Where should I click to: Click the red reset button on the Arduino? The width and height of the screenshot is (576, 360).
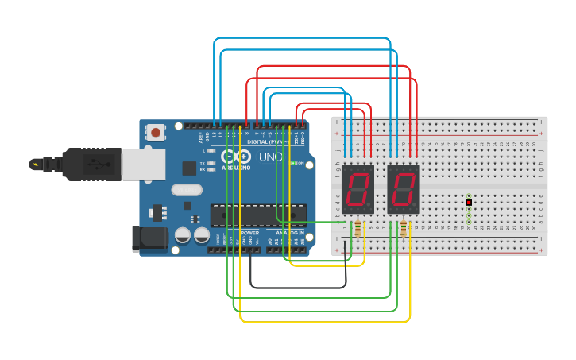[x=157, y=133]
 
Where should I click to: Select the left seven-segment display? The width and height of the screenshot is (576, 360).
[x=358, y=189]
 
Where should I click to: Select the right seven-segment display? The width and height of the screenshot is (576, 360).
[x=404, y=189]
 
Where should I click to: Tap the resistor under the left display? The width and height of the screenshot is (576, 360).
[x=358, y=229]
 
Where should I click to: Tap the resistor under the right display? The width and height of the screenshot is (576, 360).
[x=404, y=229]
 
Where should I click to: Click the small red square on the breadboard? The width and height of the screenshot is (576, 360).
[x=469, y=203]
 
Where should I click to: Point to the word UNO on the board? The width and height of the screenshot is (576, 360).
[x=270, y=157]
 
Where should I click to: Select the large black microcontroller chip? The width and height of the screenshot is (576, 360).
[x=257, y=215]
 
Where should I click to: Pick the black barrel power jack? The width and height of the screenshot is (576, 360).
[x=152, y=238]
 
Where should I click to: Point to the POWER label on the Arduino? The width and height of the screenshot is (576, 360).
[x=249, y=233]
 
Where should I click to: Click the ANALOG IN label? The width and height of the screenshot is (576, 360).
[x=289, y=233]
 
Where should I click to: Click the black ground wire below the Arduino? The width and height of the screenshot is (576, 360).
[x=298, y=287]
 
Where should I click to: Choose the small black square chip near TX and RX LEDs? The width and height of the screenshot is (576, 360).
[x=189, y=168]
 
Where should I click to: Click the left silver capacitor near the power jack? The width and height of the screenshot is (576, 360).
[x=183, y=236]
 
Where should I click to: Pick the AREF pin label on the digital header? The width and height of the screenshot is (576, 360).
[x=200, y=137]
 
